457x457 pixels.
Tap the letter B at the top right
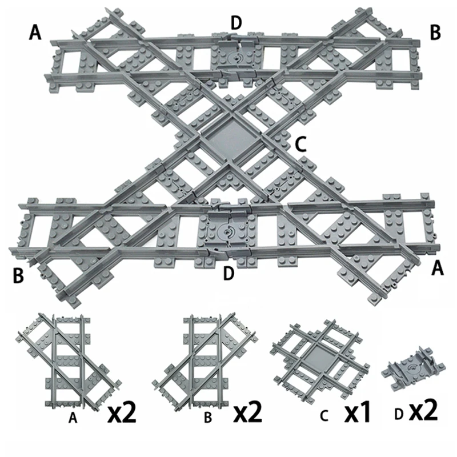[x=435, y=33]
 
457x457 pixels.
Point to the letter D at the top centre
[x=236, y=23]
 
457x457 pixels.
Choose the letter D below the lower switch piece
[x=228, y=274]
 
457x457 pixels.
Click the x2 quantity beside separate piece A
[x=122, y=412]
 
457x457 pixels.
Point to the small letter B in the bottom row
[x=209, y=418]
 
